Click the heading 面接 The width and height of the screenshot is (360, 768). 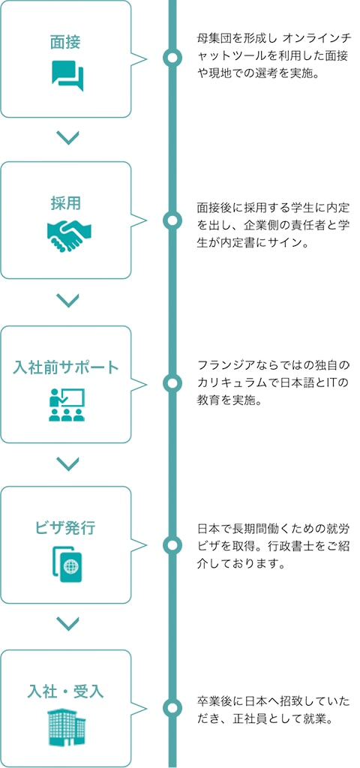click(65, 43)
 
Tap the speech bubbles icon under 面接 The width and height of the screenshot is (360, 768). click(67, 75)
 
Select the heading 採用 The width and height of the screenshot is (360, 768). click(65, 203)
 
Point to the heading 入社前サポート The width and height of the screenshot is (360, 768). click(66, 367)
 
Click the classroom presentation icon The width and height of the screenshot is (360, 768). click(67, 404)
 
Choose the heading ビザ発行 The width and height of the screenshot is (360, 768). click(65, 529)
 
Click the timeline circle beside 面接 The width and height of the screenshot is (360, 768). click(172, 58)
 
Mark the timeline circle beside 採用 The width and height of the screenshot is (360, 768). click(172, 221)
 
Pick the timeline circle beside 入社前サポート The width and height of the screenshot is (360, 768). click(172, 383)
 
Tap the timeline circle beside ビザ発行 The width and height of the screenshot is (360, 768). click(172, 545)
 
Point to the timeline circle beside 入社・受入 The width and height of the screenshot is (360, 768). click(172, 706)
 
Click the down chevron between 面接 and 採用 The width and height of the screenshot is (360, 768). click(67, 139)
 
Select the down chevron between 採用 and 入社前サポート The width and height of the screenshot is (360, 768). click(67, 300)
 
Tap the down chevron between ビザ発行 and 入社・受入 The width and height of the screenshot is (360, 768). click(67, 623)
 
